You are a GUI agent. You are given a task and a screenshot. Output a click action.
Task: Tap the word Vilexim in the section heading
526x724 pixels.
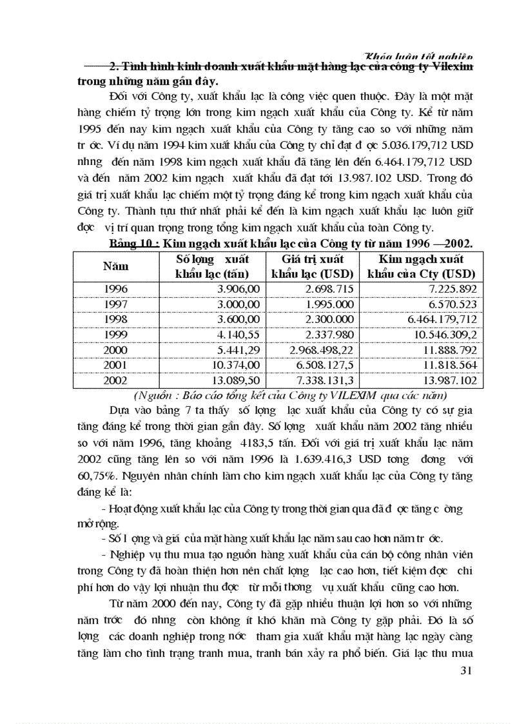tap(450, 67)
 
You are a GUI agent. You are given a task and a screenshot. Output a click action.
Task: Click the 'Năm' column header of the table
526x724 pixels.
tap(115, 266)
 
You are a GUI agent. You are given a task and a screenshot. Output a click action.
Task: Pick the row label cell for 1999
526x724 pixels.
tap(115, 336)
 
